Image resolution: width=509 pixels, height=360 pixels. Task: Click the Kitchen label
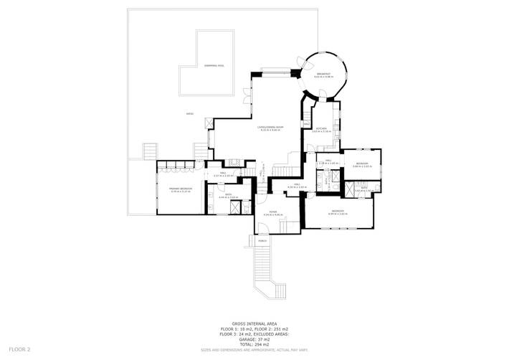[x=320, y=129]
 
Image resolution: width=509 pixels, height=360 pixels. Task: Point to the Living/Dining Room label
[x=270, y=128]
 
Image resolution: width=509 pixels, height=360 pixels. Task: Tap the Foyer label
[x=272, y=212]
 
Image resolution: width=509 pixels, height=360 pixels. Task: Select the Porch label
[x=263, y=241]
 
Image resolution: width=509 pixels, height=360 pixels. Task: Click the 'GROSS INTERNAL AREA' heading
[x=255, y=323]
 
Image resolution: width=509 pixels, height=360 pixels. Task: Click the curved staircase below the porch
[x=266, y=276]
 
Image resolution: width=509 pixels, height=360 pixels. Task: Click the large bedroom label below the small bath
[x=338, y=211]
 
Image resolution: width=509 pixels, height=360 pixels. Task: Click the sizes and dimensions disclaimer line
[x=255, y=350]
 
